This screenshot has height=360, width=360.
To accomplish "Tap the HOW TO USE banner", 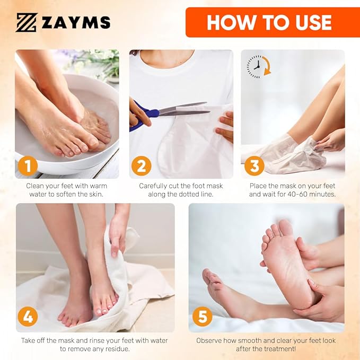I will [269, 22].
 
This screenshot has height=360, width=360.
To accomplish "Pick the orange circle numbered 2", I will [141, 166].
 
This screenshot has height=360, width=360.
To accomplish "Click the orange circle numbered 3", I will [254, 166].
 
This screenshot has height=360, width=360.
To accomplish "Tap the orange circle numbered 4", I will [28, 317].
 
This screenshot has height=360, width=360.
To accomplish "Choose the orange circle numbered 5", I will [201, 317].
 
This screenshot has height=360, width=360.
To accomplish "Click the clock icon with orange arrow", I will [258, 67].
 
